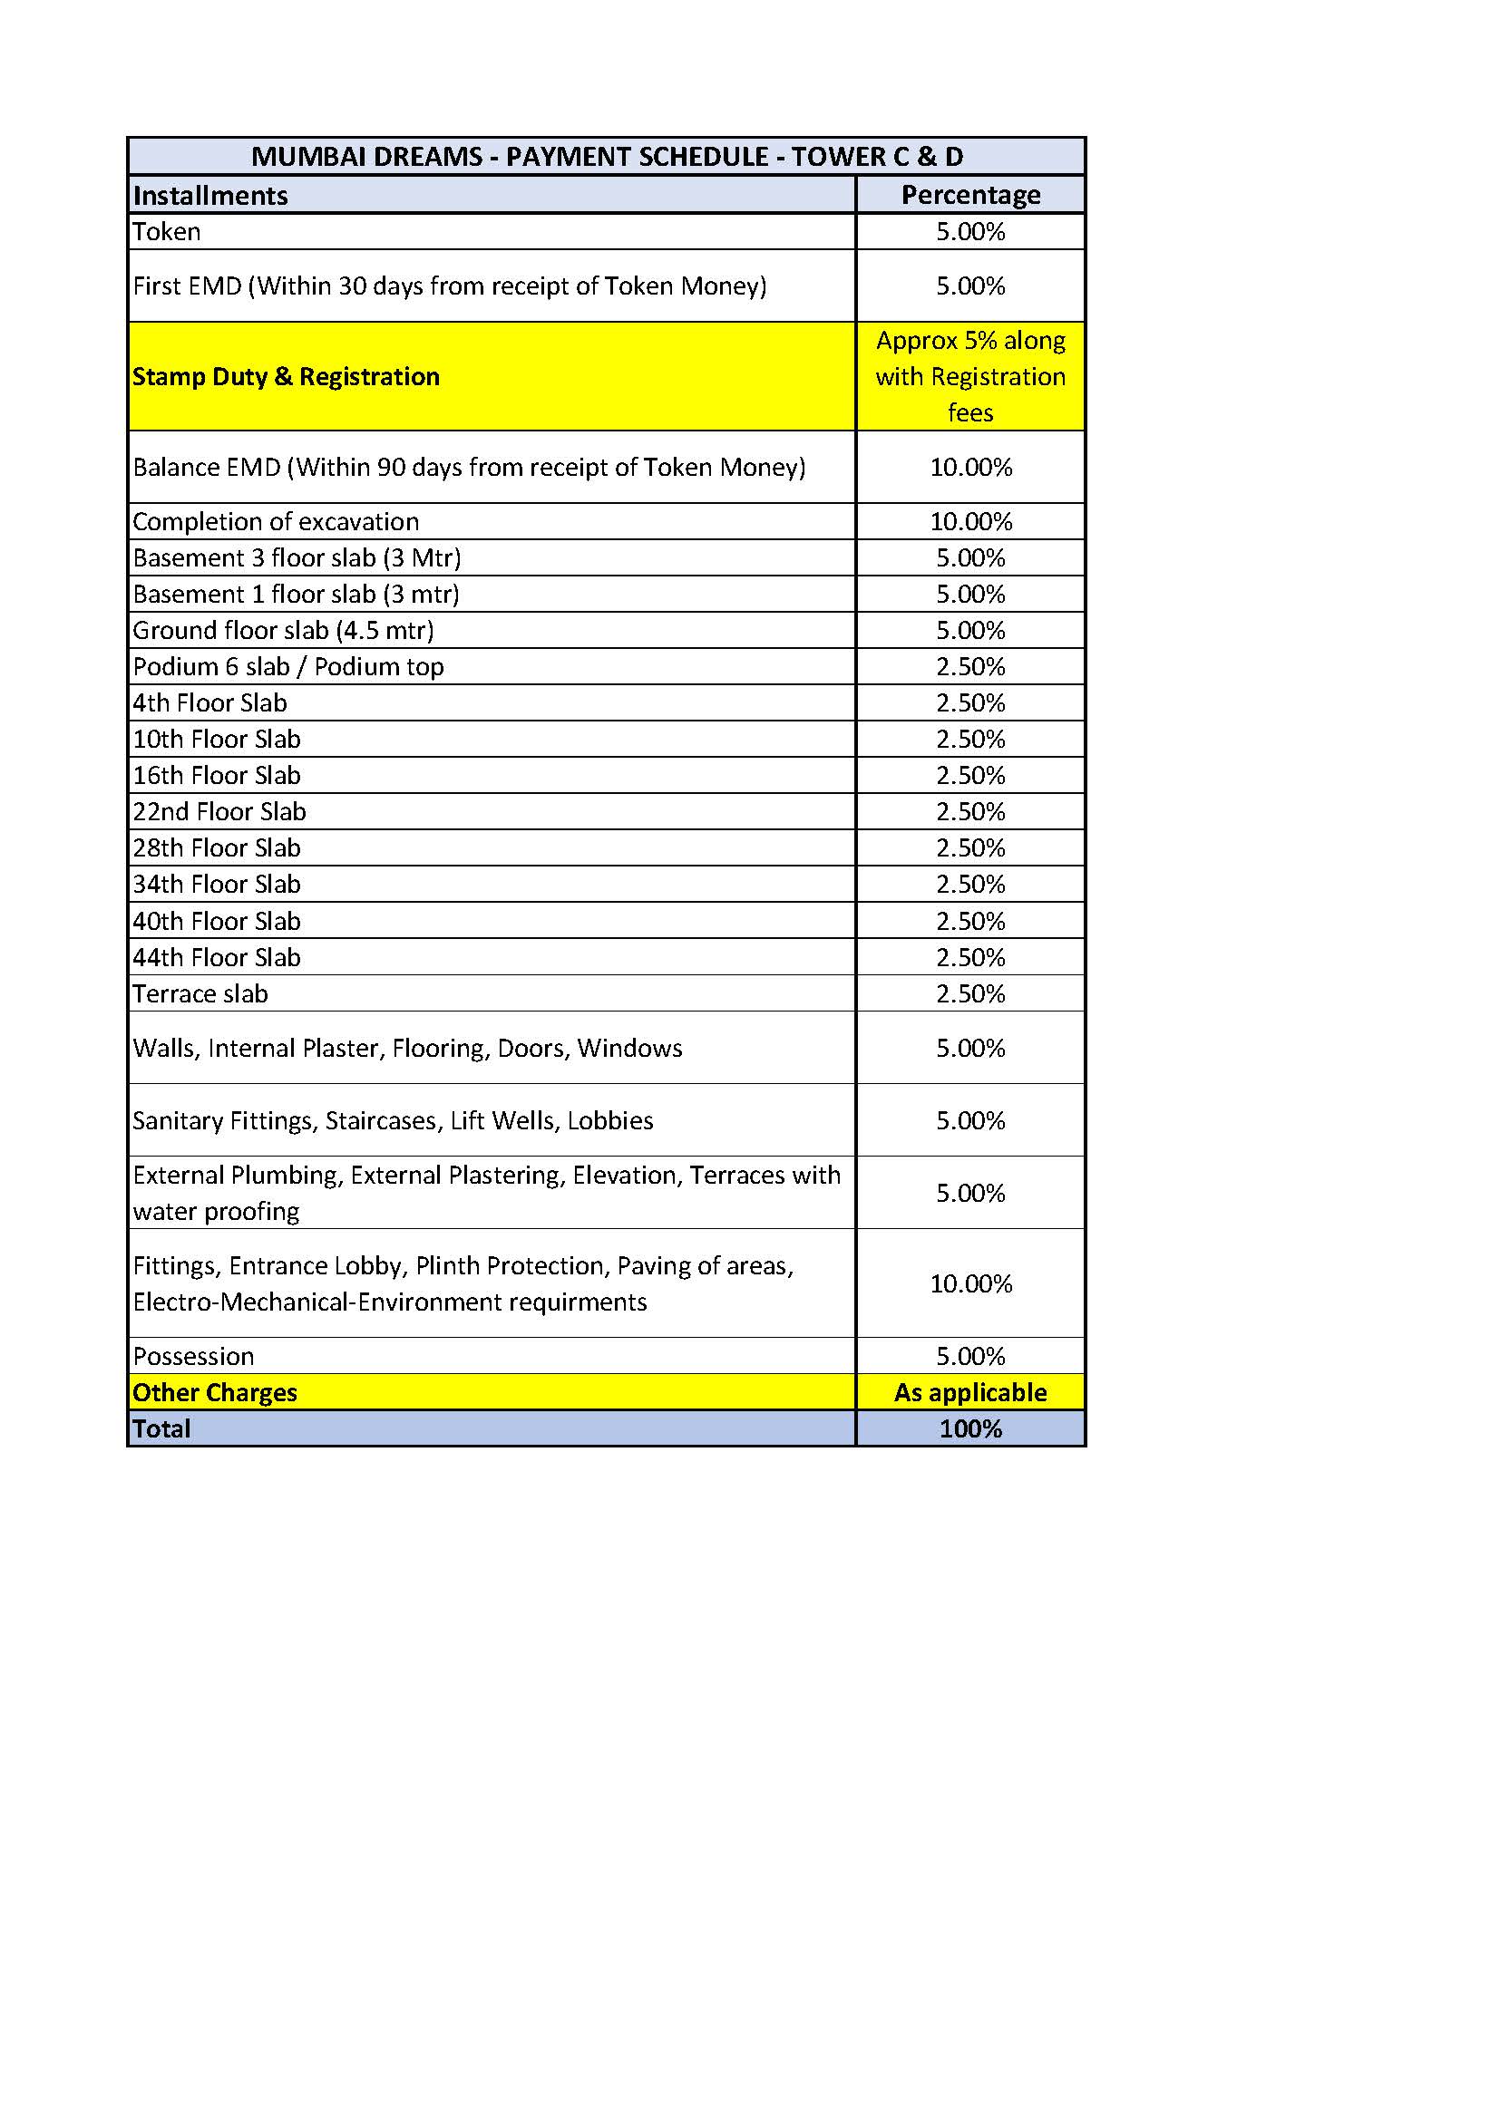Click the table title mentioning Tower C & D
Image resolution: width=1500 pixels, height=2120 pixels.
pos(606,157)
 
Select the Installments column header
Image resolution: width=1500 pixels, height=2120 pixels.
pos(210,196)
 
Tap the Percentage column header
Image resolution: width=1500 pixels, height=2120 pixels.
pos(969,195)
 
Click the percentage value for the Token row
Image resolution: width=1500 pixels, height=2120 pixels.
pos(969,232)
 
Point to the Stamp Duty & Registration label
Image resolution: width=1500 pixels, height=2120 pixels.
pos(286,377)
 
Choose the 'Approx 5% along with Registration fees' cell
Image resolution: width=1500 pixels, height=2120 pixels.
pos(969,377)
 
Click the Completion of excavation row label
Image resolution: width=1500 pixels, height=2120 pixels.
pos(276,522)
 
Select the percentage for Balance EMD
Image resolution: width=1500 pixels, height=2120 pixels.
pos(969,467)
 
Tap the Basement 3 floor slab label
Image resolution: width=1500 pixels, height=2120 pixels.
pos(297,557)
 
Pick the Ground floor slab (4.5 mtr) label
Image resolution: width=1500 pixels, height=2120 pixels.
pos(283,631)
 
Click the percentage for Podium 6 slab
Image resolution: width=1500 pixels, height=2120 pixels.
pos(969,667)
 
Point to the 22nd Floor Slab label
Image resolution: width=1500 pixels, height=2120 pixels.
pos(219,811)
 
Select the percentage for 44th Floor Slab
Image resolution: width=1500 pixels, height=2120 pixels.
pos(969,957)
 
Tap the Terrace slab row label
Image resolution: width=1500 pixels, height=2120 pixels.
pos(200,994)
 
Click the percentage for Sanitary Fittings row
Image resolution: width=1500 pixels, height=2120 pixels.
pos(969,1121)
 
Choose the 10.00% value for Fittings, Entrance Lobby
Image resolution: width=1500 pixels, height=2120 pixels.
pos(969,1283)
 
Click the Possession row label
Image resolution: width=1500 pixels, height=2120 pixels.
pos(193,1357)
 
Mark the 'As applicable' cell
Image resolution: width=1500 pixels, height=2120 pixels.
pos(969,1392)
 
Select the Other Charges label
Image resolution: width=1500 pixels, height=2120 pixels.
pos(214,1392)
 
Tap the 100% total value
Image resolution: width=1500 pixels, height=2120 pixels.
pos(969,1429)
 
